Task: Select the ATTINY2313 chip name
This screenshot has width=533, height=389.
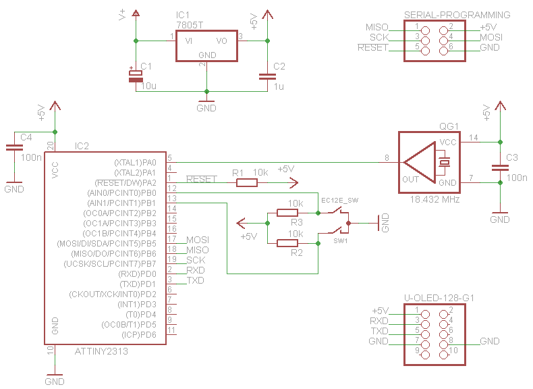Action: [x=101, y=351]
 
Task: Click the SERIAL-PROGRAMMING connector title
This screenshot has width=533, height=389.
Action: [x=457, y=15]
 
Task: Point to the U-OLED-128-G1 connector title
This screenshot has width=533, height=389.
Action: [x=440, y=298]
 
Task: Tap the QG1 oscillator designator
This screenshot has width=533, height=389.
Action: [x=448, y=126]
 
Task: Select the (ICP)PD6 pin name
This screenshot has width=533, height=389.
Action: [x=139, y=334]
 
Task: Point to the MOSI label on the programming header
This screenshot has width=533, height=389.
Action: [x=490, y=37]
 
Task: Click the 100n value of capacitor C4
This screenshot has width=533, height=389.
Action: [x=30, y=157]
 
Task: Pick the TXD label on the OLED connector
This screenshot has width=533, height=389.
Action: [x=380, y=331]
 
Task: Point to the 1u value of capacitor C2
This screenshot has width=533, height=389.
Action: [x=279, y=86]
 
